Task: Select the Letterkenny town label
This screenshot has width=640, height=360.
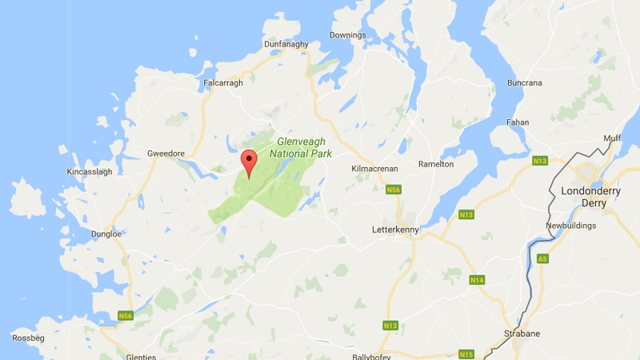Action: pos(396,228)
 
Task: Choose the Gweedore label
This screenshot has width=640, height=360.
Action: pos(166,153)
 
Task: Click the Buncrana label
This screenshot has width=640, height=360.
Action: pos(525,82)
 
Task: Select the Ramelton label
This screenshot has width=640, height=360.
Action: pos(436,164)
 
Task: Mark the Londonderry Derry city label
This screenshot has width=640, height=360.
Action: pos(595,197)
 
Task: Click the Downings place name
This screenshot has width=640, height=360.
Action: pos(348,35)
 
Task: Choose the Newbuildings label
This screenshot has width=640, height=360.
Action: pos(573,226)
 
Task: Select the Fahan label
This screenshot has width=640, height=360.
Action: pos(518,122)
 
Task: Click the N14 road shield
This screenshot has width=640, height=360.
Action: pos(477,279)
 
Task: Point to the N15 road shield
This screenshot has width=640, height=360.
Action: pos(466,353)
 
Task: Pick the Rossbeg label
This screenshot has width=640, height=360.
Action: pos(28,338)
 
